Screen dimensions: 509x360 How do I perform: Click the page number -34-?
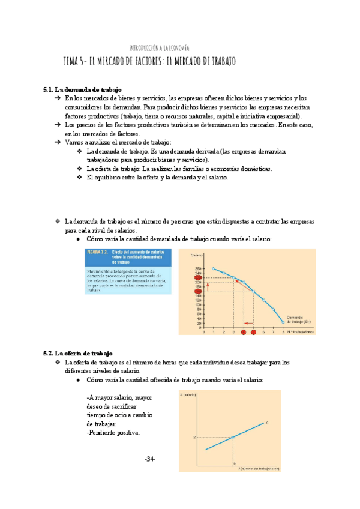click(150, 459)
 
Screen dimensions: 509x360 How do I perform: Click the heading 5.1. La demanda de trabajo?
click(82, 89)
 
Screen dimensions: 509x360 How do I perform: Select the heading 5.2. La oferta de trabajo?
click(78, 354)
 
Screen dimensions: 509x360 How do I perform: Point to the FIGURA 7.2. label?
click(97, 252)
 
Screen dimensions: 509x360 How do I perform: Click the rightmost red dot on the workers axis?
click(253, 331)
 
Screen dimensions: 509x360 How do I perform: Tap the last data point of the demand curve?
click(283, 322)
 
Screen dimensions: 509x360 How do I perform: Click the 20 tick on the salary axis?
click(199, 322)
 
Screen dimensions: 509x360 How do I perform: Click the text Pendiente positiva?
click(113, 432)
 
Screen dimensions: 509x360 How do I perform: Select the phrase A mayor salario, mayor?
click(119, 397)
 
